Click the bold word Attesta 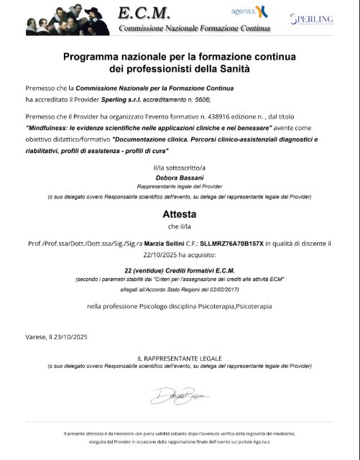(x=180, y=214)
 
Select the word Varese (x=36, y=337)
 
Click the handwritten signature (x=180, y=395)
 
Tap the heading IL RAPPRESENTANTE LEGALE (x=180, y=357)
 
